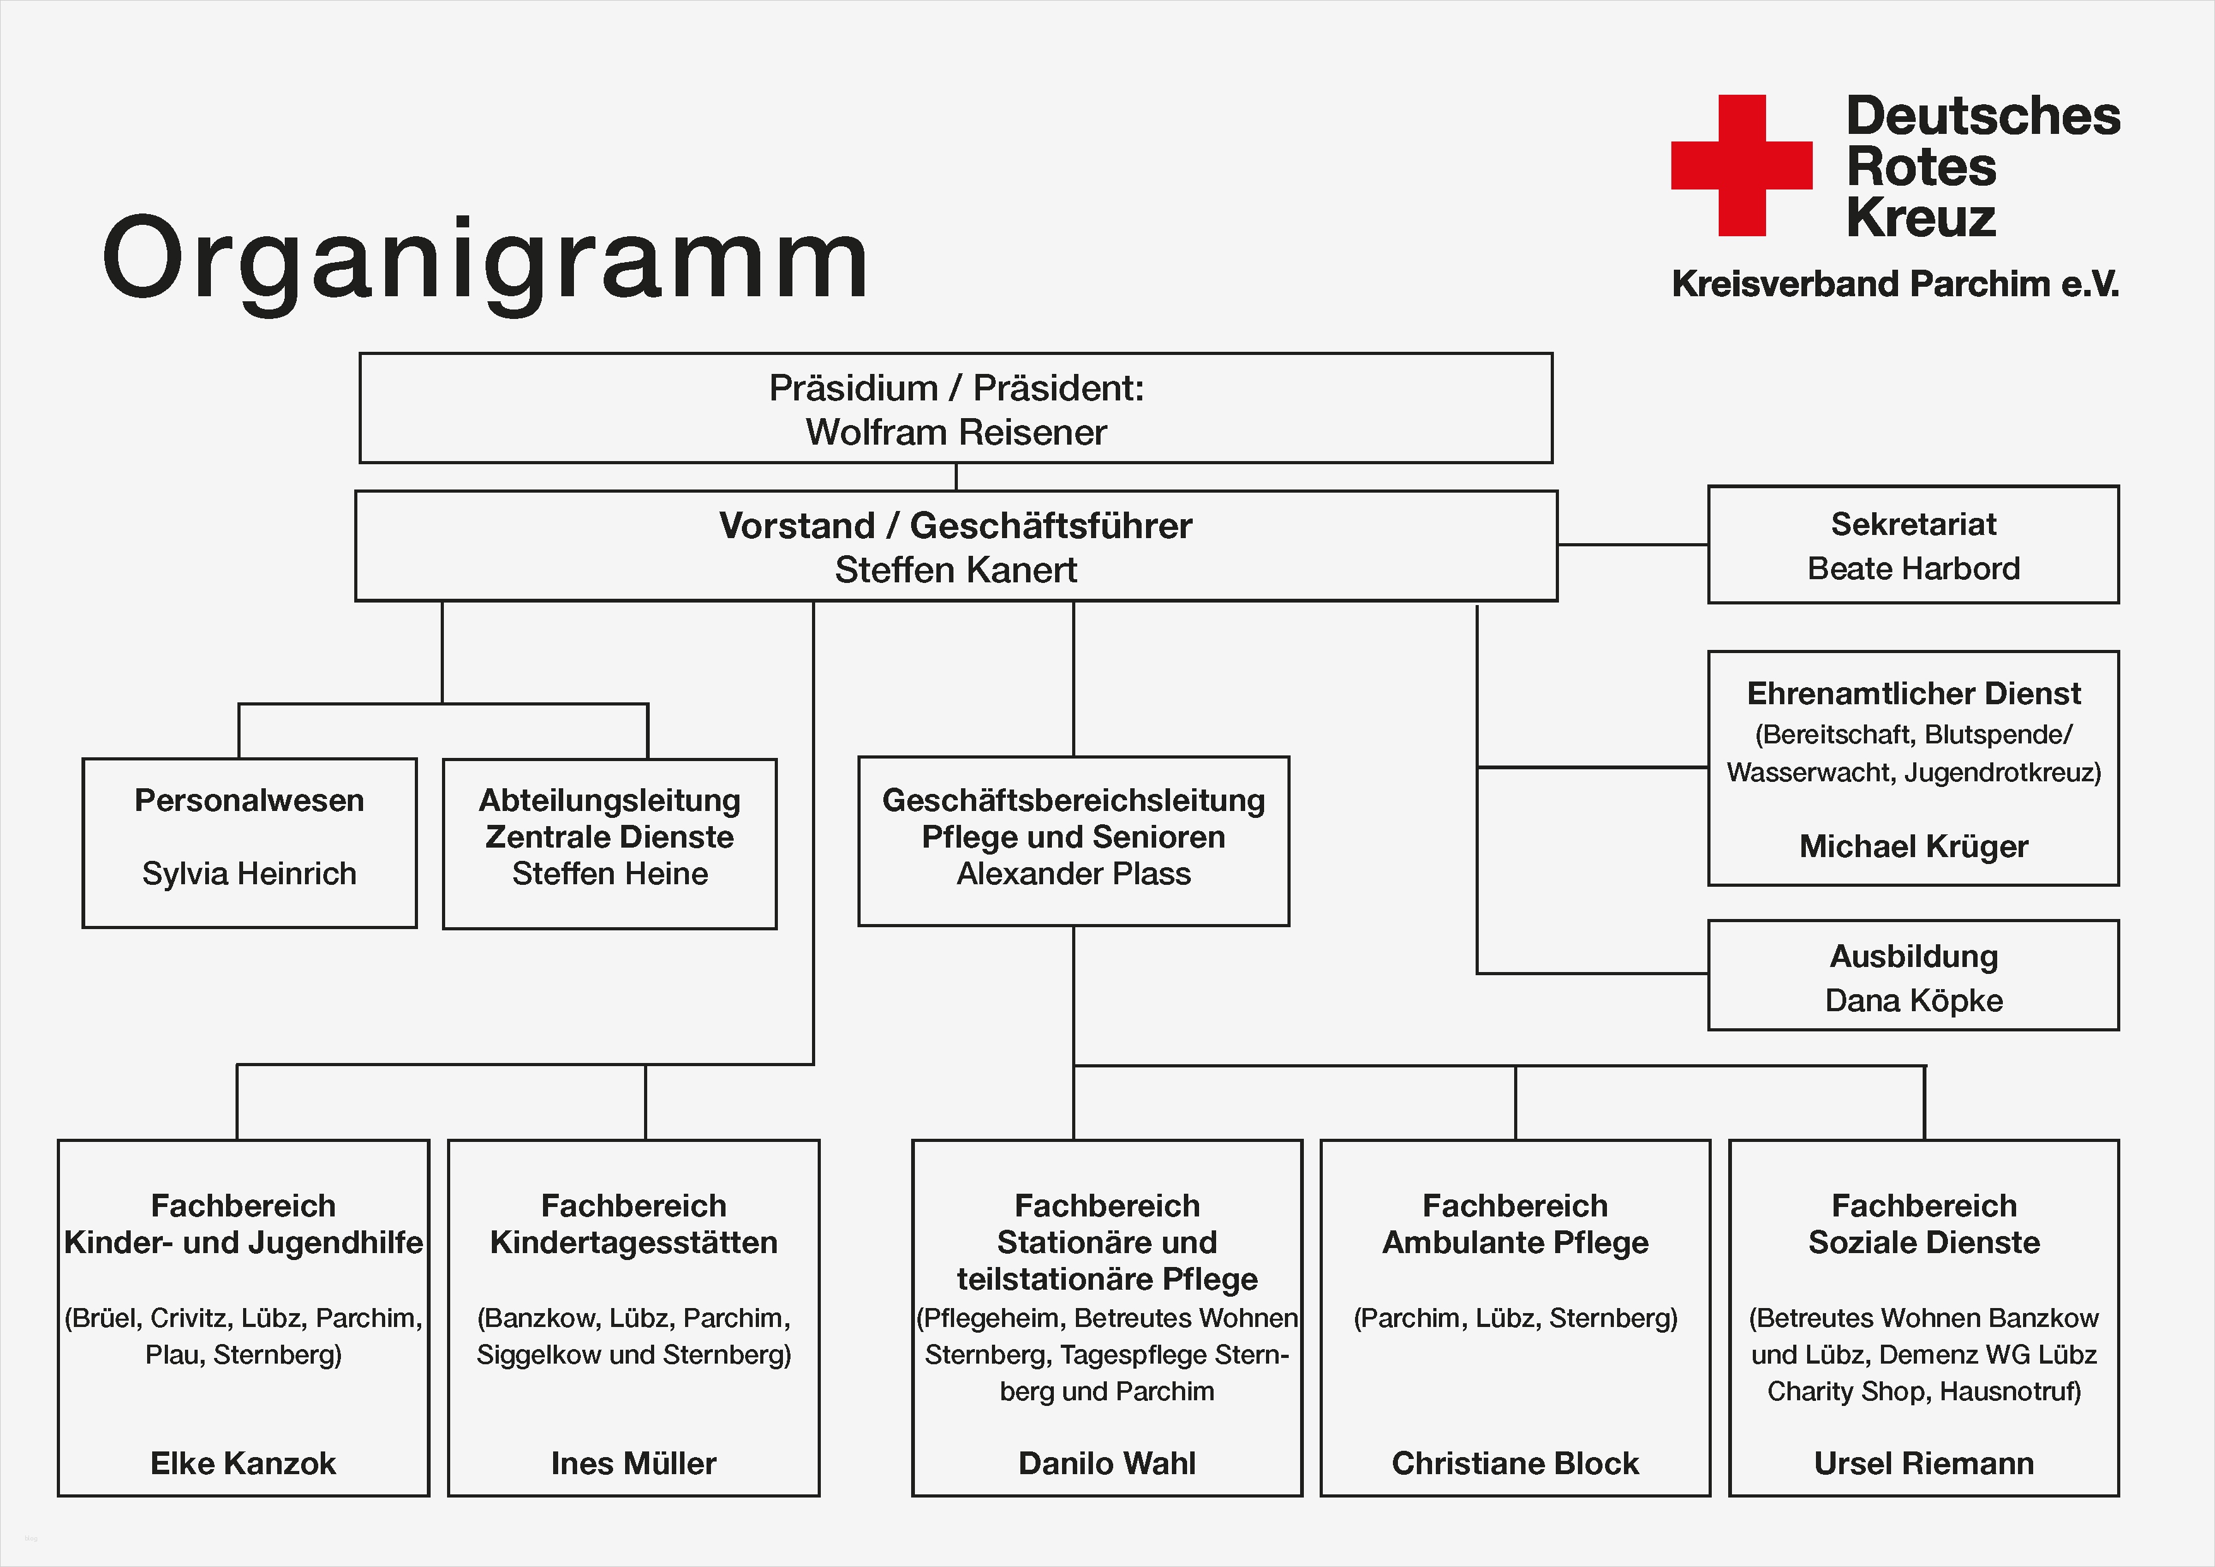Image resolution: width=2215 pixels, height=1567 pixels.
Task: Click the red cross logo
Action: (x=1741, y=165)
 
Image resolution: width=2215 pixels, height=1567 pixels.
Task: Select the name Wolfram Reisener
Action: (x=955, y=432)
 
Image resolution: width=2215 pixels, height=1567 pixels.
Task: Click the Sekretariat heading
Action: (x=1913, y=524)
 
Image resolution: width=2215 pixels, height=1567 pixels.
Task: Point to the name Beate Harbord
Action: (x=1913, y=568)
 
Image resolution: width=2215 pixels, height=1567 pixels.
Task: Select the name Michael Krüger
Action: (x=1913, y=846)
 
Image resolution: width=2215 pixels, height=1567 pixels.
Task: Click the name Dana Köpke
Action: (x=1913, y=1000)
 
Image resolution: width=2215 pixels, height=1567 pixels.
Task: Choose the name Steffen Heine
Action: (x=610, y=874)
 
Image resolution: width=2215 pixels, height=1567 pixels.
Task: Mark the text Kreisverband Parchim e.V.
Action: (x=1895, y=284)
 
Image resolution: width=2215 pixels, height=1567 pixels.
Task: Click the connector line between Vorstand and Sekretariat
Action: (x=1632, y=545)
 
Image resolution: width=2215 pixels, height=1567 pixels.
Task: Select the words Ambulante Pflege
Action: (x=1515, y=1243)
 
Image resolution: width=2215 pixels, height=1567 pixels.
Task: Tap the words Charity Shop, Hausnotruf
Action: (x=1924, y=1391)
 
